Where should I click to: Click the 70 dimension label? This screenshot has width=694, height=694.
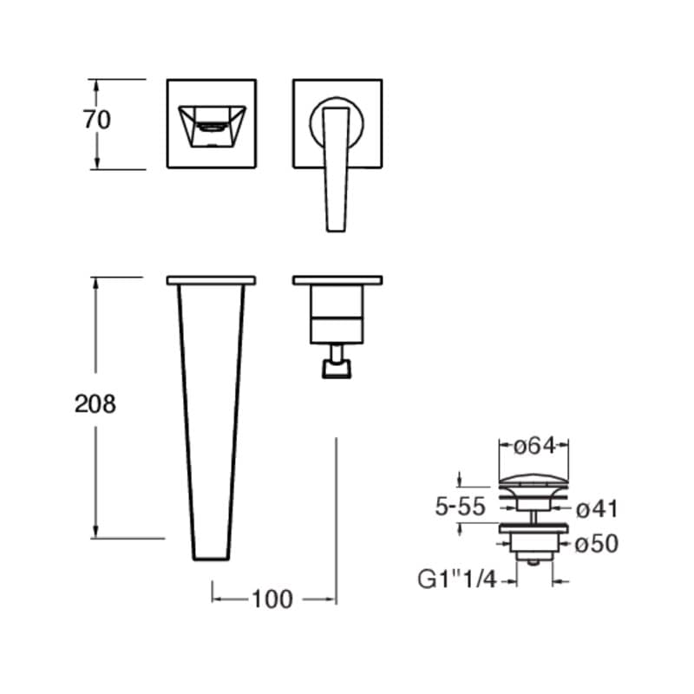[x=97, y=120]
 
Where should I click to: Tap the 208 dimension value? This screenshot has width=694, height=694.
[x=95, y=404]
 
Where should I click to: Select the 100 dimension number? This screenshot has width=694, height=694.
[x=272, y=599]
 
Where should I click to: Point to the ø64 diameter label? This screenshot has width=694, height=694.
[x=534, y=446]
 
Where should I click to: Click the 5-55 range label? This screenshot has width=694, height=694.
[x=461, y=507]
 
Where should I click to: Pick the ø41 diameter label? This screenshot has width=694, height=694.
[x=597, y=509]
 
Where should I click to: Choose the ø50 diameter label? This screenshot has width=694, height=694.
[x=597, y=544]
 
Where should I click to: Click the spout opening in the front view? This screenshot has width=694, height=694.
[x=212, y=126]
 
